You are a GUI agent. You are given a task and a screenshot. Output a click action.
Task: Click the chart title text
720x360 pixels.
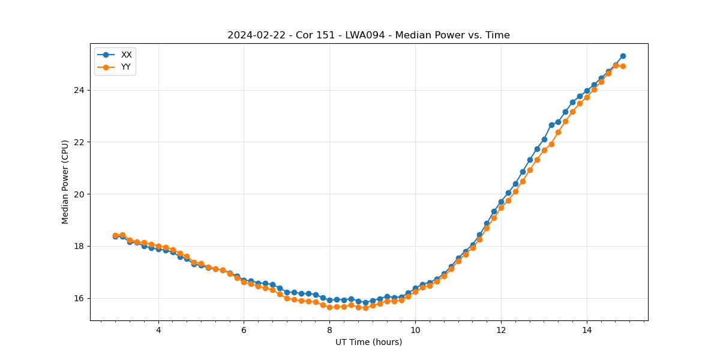pyautogui.click(x=368, y=35)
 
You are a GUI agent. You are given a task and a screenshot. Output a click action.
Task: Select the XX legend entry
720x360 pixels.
pyautogui.click(x=126, y=55)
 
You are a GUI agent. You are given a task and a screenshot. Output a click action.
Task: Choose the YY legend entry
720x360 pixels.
pyautogui.click(x=126, y=67)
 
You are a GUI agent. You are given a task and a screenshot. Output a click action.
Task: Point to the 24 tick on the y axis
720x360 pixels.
pyautogui.click(x=79, y=90)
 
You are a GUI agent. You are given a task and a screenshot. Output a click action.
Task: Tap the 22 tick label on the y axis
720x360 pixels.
pyautogui.click(x=79, y=142)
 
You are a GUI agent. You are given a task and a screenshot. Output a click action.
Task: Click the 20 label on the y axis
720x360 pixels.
pyautogui.click(x=79, y=194)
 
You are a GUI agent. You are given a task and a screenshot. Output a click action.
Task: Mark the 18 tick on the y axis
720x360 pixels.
pyautogui.click(x=79, y=246)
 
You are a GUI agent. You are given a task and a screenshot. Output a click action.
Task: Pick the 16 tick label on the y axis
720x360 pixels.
pyautogui.click(x=79, y=298)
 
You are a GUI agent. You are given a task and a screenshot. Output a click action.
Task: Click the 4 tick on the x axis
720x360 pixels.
pyautogui.click(x=158, y=329)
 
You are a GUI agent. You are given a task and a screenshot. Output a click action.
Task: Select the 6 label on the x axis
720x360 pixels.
pyautogui.click(x=244, y=329)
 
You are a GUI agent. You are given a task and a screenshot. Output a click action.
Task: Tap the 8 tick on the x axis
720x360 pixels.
pyautogui.click(x=329, y=329)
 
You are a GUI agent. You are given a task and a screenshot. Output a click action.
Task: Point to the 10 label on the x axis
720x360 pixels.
pyautogui.click(x=415, y=329)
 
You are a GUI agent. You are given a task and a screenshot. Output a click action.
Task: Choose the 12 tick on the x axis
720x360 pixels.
pyautogui.click(x=501, y=329)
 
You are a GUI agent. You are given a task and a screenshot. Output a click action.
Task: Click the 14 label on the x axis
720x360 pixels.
pyautogui.click(x=586, y=329)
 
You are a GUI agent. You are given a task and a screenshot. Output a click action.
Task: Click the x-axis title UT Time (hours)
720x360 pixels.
pyautogui.click(x=368, y=342)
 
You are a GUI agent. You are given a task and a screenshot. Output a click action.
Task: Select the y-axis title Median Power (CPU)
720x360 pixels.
pyautogui.click(x=65, y=182)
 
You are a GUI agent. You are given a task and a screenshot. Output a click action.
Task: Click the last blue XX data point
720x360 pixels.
pyautogui.click(x=623, y=56)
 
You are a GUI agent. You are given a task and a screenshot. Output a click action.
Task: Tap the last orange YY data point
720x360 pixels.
pyautogui.click(x=623, y=66)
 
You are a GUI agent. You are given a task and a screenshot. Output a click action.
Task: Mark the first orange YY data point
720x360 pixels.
pyautogui.click(x=115, y=235)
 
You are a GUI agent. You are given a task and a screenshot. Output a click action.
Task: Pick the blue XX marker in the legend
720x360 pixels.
pyautogui.click(x=106, y=55)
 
